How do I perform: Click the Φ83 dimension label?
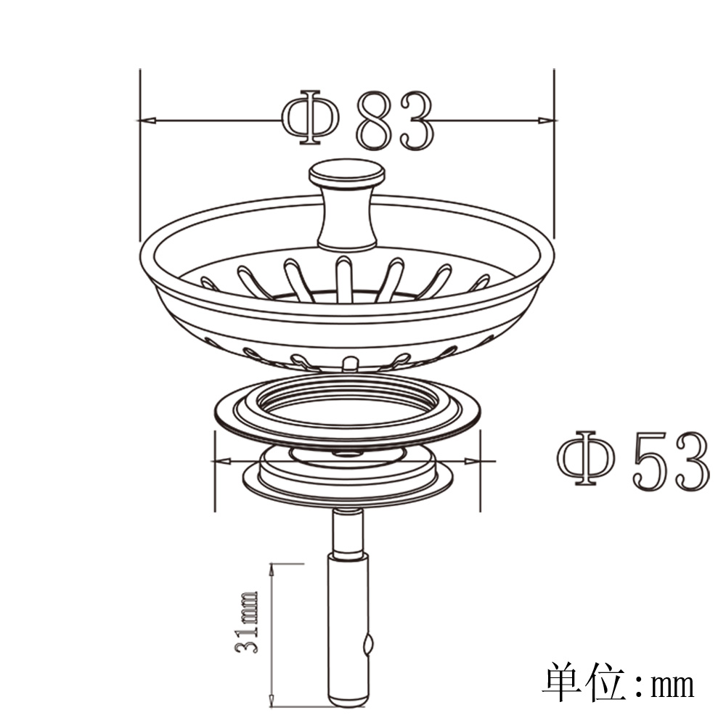click(358, 119)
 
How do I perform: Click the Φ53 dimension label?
click(632, 458)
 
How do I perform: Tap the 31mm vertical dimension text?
click(246, 622)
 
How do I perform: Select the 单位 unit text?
click(584, 684)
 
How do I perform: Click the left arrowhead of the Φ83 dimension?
click(146, 121)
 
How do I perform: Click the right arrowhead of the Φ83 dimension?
click(547, 121)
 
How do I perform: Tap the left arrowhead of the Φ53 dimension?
click(223, 461)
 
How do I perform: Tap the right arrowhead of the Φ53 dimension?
click(473, 461)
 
